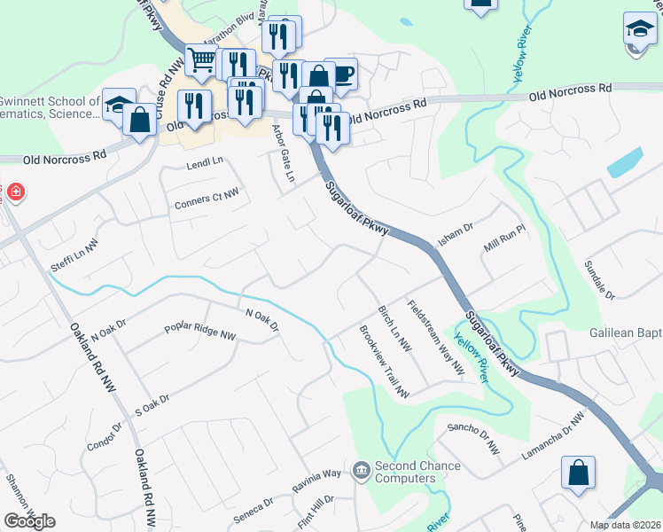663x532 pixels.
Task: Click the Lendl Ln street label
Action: click(205, 163)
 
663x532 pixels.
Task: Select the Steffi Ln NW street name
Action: click(79, 251)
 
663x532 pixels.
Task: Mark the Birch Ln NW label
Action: click(394, 327)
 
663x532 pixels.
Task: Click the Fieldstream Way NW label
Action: click(436, 336)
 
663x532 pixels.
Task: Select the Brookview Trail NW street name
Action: click(383, 362)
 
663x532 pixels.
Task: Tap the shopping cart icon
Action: click(202, 60)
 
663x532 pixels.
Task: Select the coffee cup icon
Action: click(341, 74)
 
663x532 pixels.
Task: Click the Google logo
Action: click(29, 521)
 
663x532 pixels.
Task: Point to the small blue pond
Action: click(625, 161)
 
